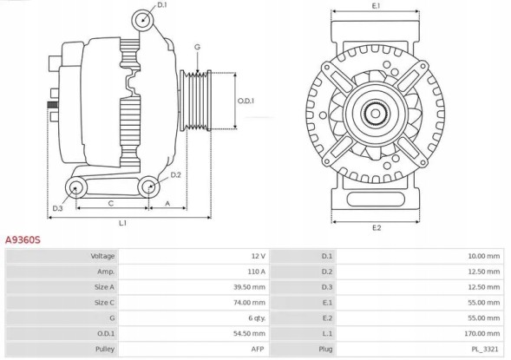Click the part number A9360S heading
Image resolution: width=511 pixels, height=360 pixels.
23,237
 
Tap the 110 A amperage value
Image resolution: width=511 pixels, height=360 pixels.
256,272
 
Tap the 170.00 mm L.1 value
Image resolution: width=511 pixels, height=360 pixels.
482,332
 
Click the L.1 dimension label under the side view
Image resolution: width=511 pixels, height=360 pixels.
123,223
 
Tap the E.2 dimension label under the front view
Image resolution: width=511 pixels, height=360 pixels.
376,227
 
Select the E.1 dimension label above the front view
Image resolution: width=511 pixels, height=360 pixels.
376,6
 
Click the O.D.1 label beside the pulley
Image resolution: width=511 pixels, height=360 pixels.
246,101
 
